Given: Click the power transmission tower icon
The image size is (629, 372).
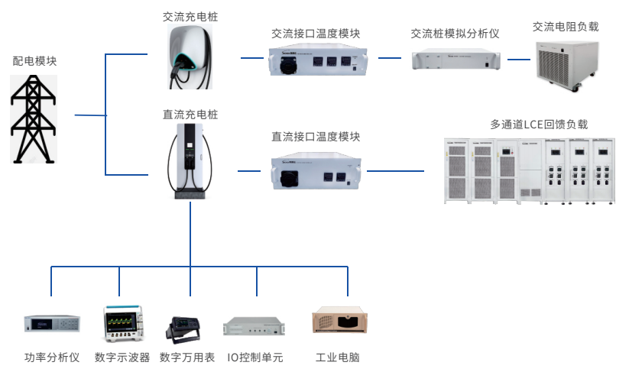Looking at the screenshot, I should pos(34,119).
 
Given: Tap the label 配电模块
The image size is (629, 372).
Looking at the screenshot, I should pos(34,61).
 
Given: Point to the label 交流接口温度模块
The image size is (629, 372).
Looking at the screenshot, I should pos(316,34).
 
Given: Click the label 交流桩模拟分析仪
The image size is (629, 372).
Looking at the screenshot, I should pos(455,34).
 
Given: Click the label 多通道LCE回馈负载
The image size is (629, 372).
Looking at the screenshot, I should pos(539,125).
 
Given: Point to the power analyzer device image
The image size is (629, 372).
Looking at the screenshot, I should pos(52,324).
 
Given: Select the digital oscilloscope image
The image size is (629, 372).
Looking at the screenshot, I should pos(120,323).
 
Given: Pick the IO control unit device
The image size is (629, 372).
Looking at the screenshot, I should pos(255,326).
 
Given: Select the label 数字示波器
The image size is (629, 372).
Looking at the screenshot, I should pos(120,357).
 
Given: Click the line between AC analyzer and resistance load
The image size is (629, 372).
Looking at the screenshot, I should pos(519,59).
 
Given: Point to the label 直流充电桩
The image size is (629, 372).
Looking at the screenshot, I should pos(190,115).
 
